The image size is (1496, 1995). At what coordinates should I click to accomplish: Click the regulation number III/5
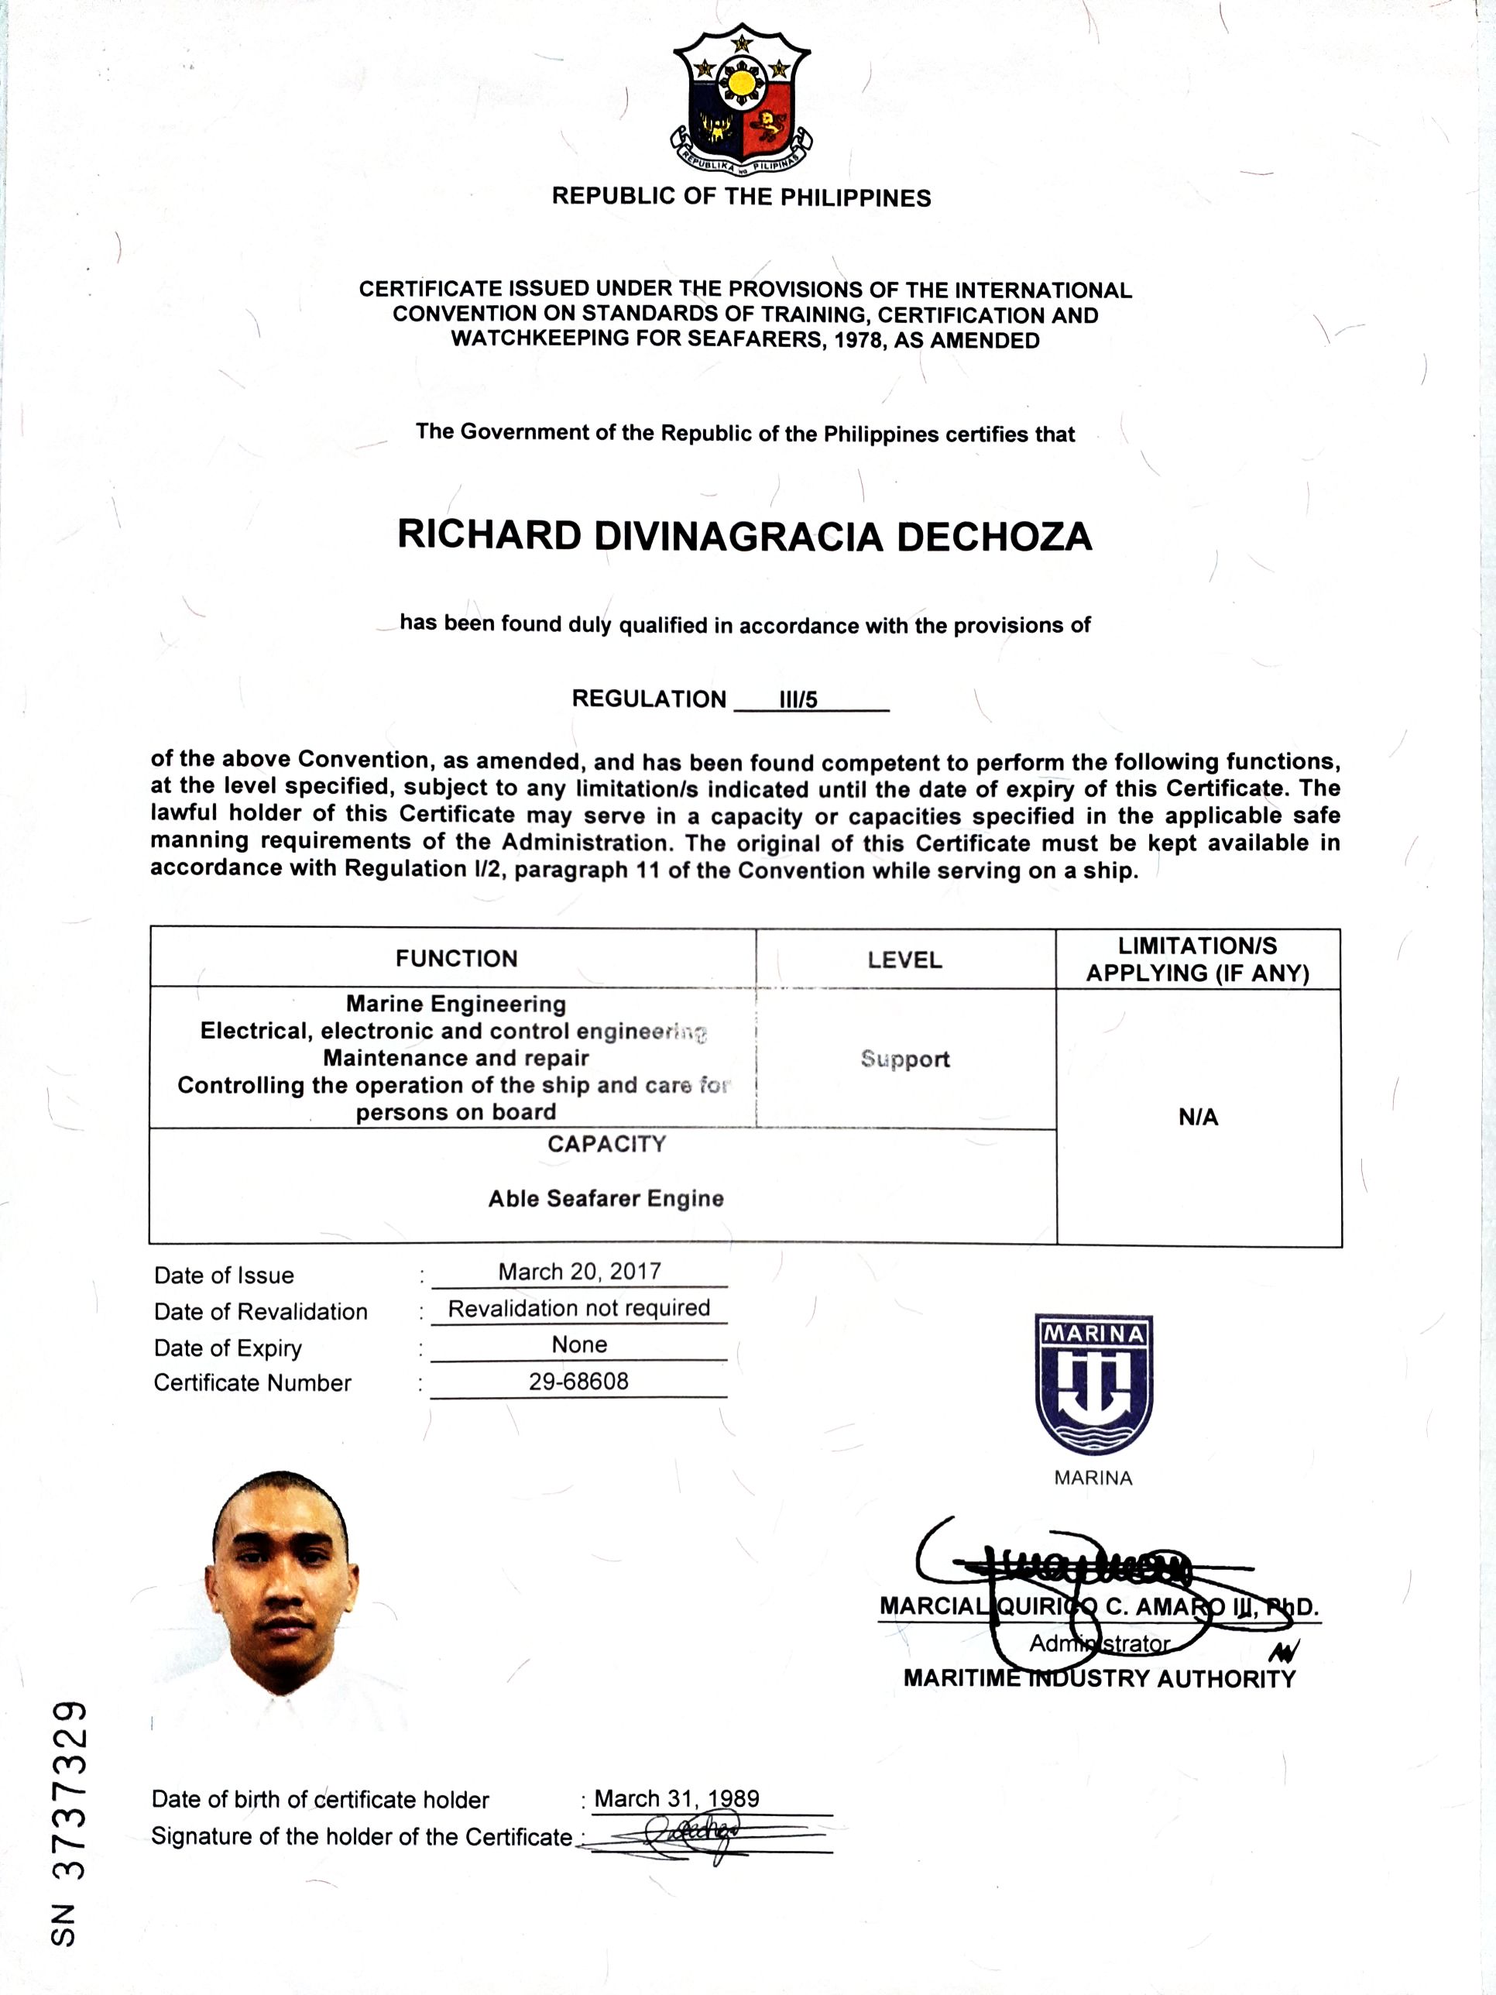coord(798,700)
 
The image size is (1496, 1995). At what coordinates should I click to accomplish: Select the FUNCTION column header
coord(456,959)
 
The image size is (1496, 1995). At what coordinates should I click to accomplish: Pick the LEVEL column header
coord(904,960)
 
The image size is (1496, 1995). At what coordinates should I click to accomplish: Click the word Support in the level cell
coord(904,1059)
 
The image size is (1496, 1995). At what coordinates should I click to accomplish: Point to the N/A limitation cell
coord(1198,1118)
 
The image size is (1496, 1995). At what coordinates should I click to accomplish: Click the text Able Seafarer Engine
coord(606,1199)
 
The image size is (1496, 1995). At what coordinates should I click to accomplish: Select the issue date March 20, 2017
coord(580,1271)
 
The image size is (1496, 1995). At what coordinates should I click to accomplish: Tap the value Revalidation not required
coord(579,1308)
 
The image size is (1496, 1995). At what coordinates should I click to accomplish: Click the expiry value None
coord(579,1344)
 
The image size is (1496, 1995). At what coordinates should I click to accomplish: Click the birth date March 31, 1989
coord(676,1798)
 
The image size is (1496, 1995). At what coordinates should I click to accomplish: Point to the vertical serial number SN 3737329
coord(70,1825)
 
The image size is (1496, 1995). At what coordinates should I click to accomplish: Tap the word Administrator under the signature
coord(1100,1643)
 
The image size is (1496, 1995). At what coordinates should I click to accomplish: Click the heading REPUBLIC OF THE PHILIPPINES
coord(741,197)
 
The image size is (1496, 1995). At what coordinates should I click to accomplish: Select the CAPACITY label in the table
coord(606,1145)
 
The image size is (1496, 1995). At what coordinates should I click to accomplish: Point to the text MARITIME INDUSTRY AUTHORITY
coord(1100,1678)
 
